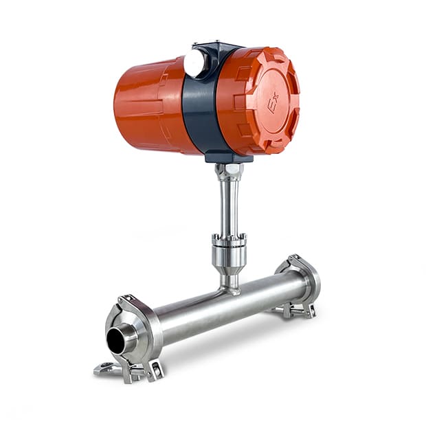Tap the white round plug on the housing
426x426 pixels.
click(194, 63)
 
